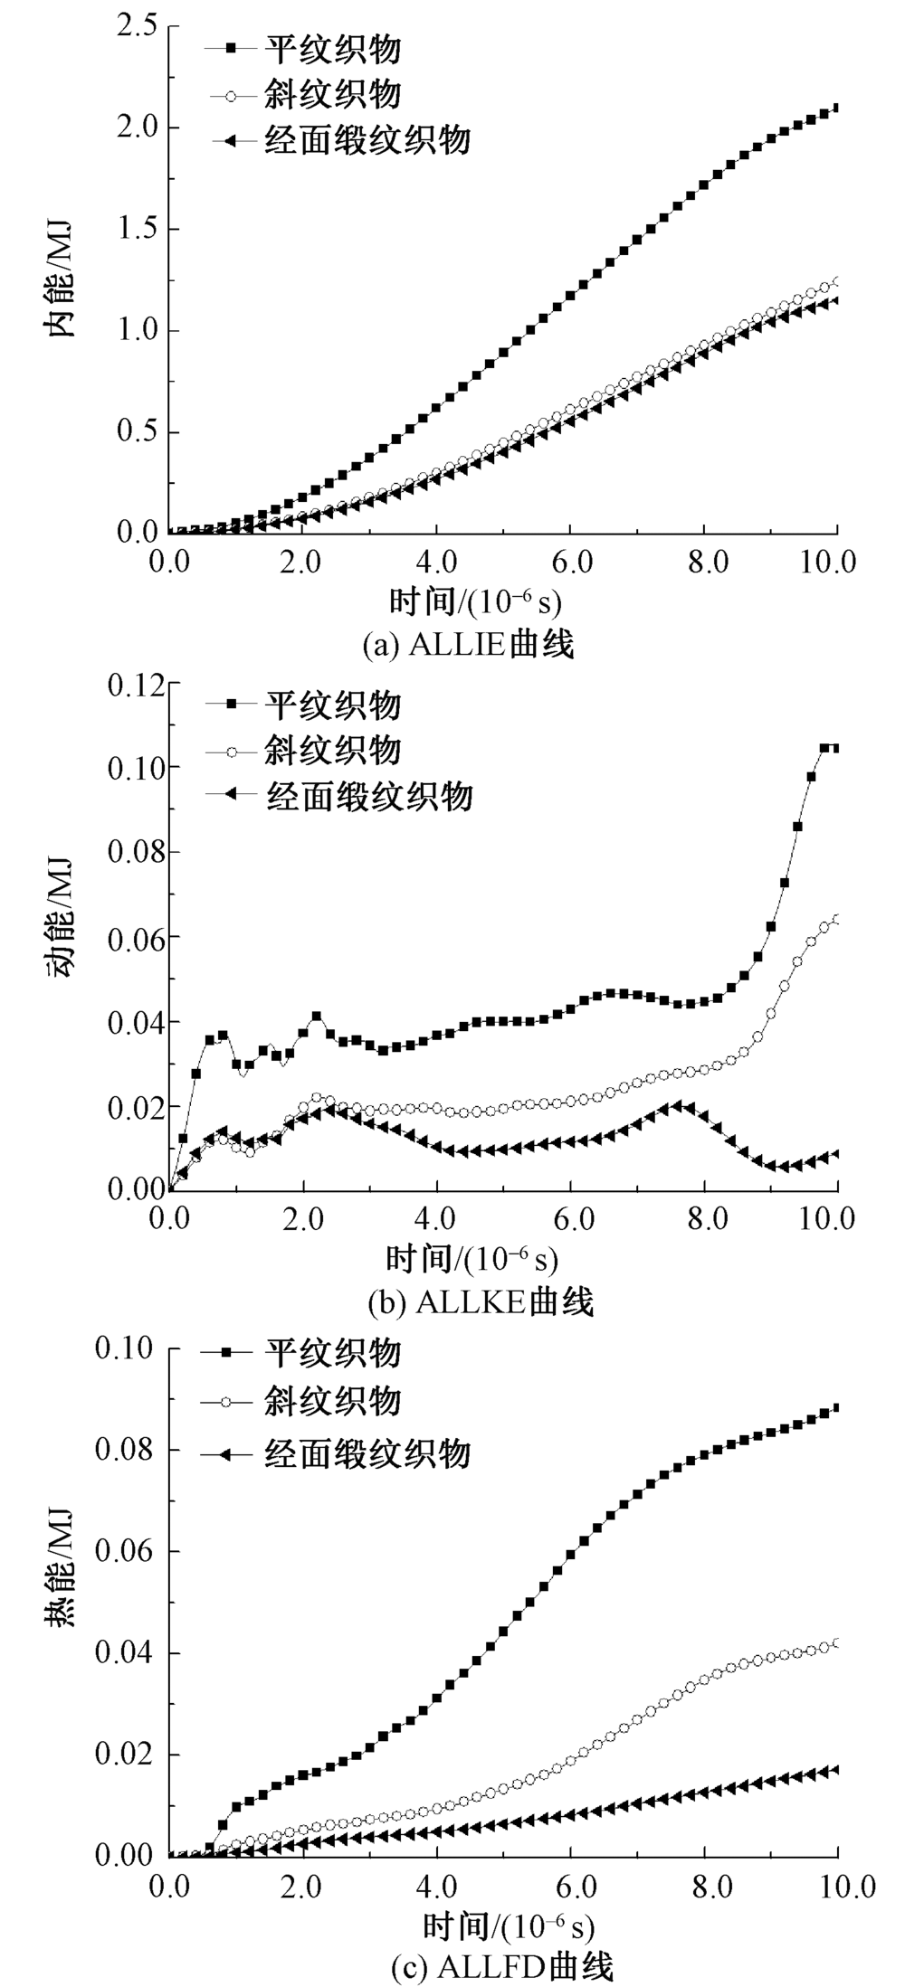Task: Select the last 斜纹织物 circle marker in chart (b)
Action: click(x=835, y=920)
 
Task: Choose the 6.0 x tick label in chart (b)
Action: click(x=569, y=1217)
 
